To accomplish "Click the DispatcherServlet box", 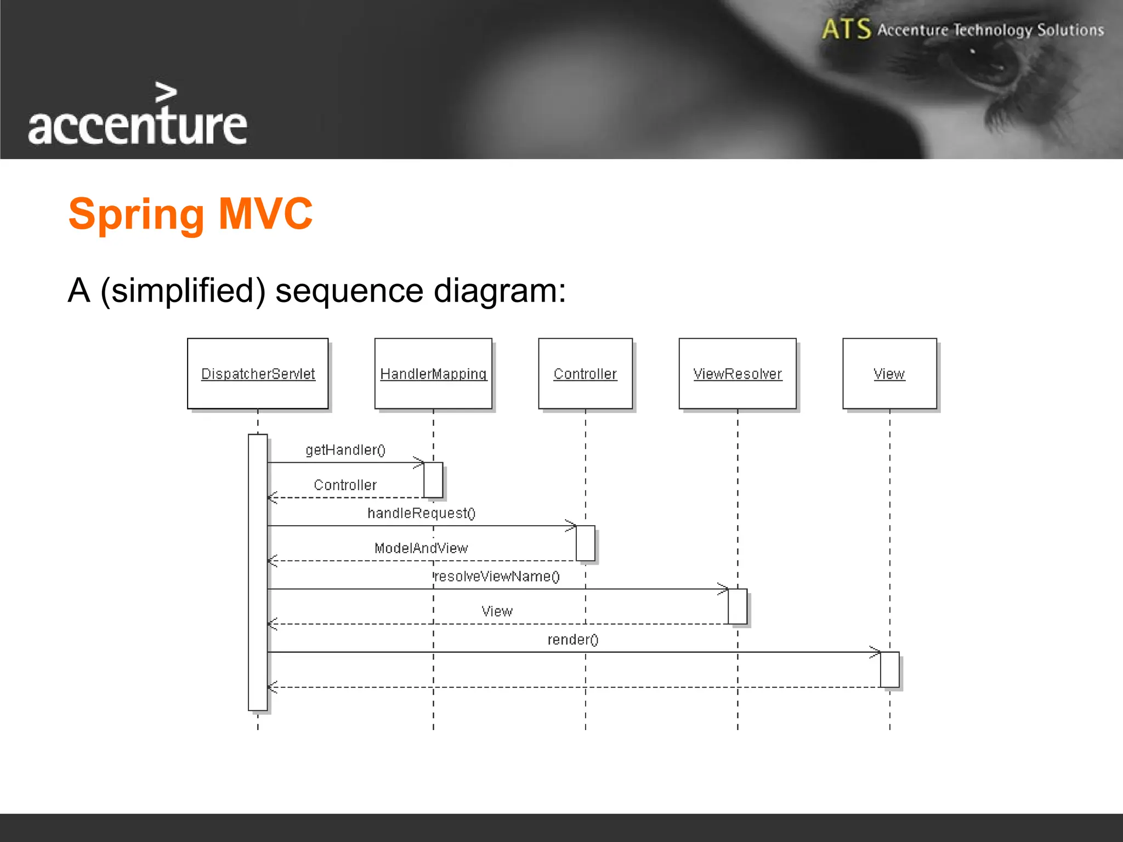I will pos(258,373).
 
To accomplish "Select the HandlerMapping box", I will pos(433,373).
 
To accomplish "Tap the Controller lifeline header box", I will pos(585,373).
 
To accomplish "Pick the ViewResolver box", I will pos(738,373).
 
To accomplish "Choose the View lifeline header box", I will pos(889,373).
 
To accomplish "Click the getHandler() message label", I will pos(345,450).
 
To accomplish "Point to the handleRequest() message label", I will pos(421,513).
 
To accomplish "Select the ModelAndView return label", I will pos(421,548).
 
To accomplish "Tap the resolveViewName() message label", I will pos(497,577).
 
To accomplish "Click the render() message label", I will pos(573,640).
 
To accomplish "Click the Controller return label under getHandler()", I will pos(345,485).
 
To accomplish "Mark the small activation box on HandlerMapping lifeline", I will pos(433,480).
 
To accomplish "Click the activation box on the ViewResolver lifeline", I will pos(738,606).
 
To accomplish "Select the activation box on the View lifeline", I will pos(889,669).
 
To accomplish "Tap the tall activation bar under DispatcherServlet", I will pos(258,573).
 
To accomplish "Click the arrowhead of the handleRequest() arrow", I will pos(572,526).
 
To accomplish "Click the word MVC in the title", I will pos(265,213).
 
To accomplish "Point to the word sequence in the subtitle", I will pos(349,291).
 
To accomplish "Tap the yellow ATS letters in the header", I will pos(846,29).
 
